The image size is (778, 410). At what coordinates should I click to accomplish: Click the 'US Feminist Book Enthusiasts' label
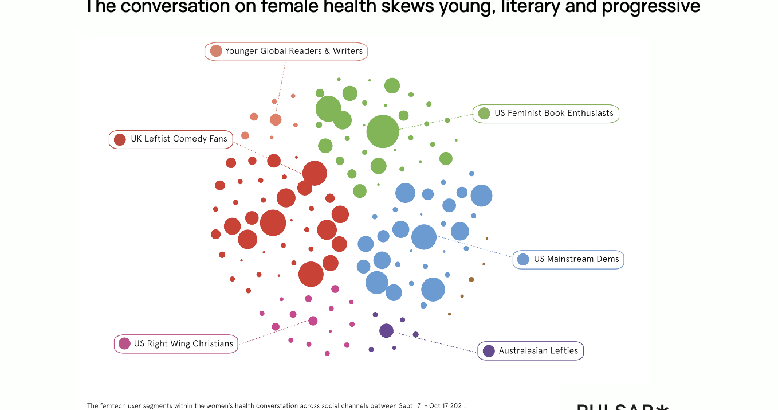point(553,113)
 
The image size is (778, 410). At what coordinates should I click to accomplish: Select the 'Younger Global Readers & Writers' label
point(293,51)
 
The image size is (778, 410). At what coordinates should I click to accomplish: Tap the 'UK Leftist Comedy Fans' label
point(179,139)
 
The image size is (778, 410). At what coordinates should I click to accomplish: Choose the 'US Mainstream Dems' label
point(576,259)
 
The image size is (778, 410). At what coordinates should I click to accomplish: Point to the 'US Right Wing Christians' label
point(183,343)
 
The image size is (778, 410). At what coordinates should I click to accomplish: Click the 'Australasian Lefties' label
point(538,350)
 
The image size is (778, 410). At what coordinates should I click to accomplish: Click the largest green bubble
point(383,131)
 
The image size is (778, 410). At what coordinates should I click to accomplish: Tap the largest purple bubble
point(386,330)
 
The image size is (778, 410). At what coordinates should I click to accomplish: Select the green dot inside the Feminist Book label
point(484,114)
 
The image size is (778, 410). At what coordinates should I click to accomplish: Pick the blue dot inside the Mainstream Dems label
point(523,259)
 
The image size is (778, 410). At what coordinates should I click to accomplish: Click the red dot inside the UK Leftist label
point(120,139)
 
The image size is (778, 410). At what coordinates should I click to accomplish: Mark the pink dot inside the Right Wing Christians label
point(124,343)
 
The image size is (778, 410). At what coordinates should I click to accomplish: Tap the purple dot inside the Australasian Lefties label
point(489,351)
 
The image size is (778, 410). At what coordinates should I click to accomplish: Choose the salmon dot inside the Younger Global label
point(216,51)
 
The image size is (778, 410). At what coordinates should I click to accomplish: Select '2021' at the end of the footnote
point(457,405)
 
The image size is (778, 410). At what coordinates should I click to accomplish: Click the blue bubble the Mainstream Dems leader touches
point(424,237)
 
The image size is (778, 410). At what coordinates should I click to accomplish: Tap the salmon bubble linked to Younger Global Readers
point(276,120)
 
